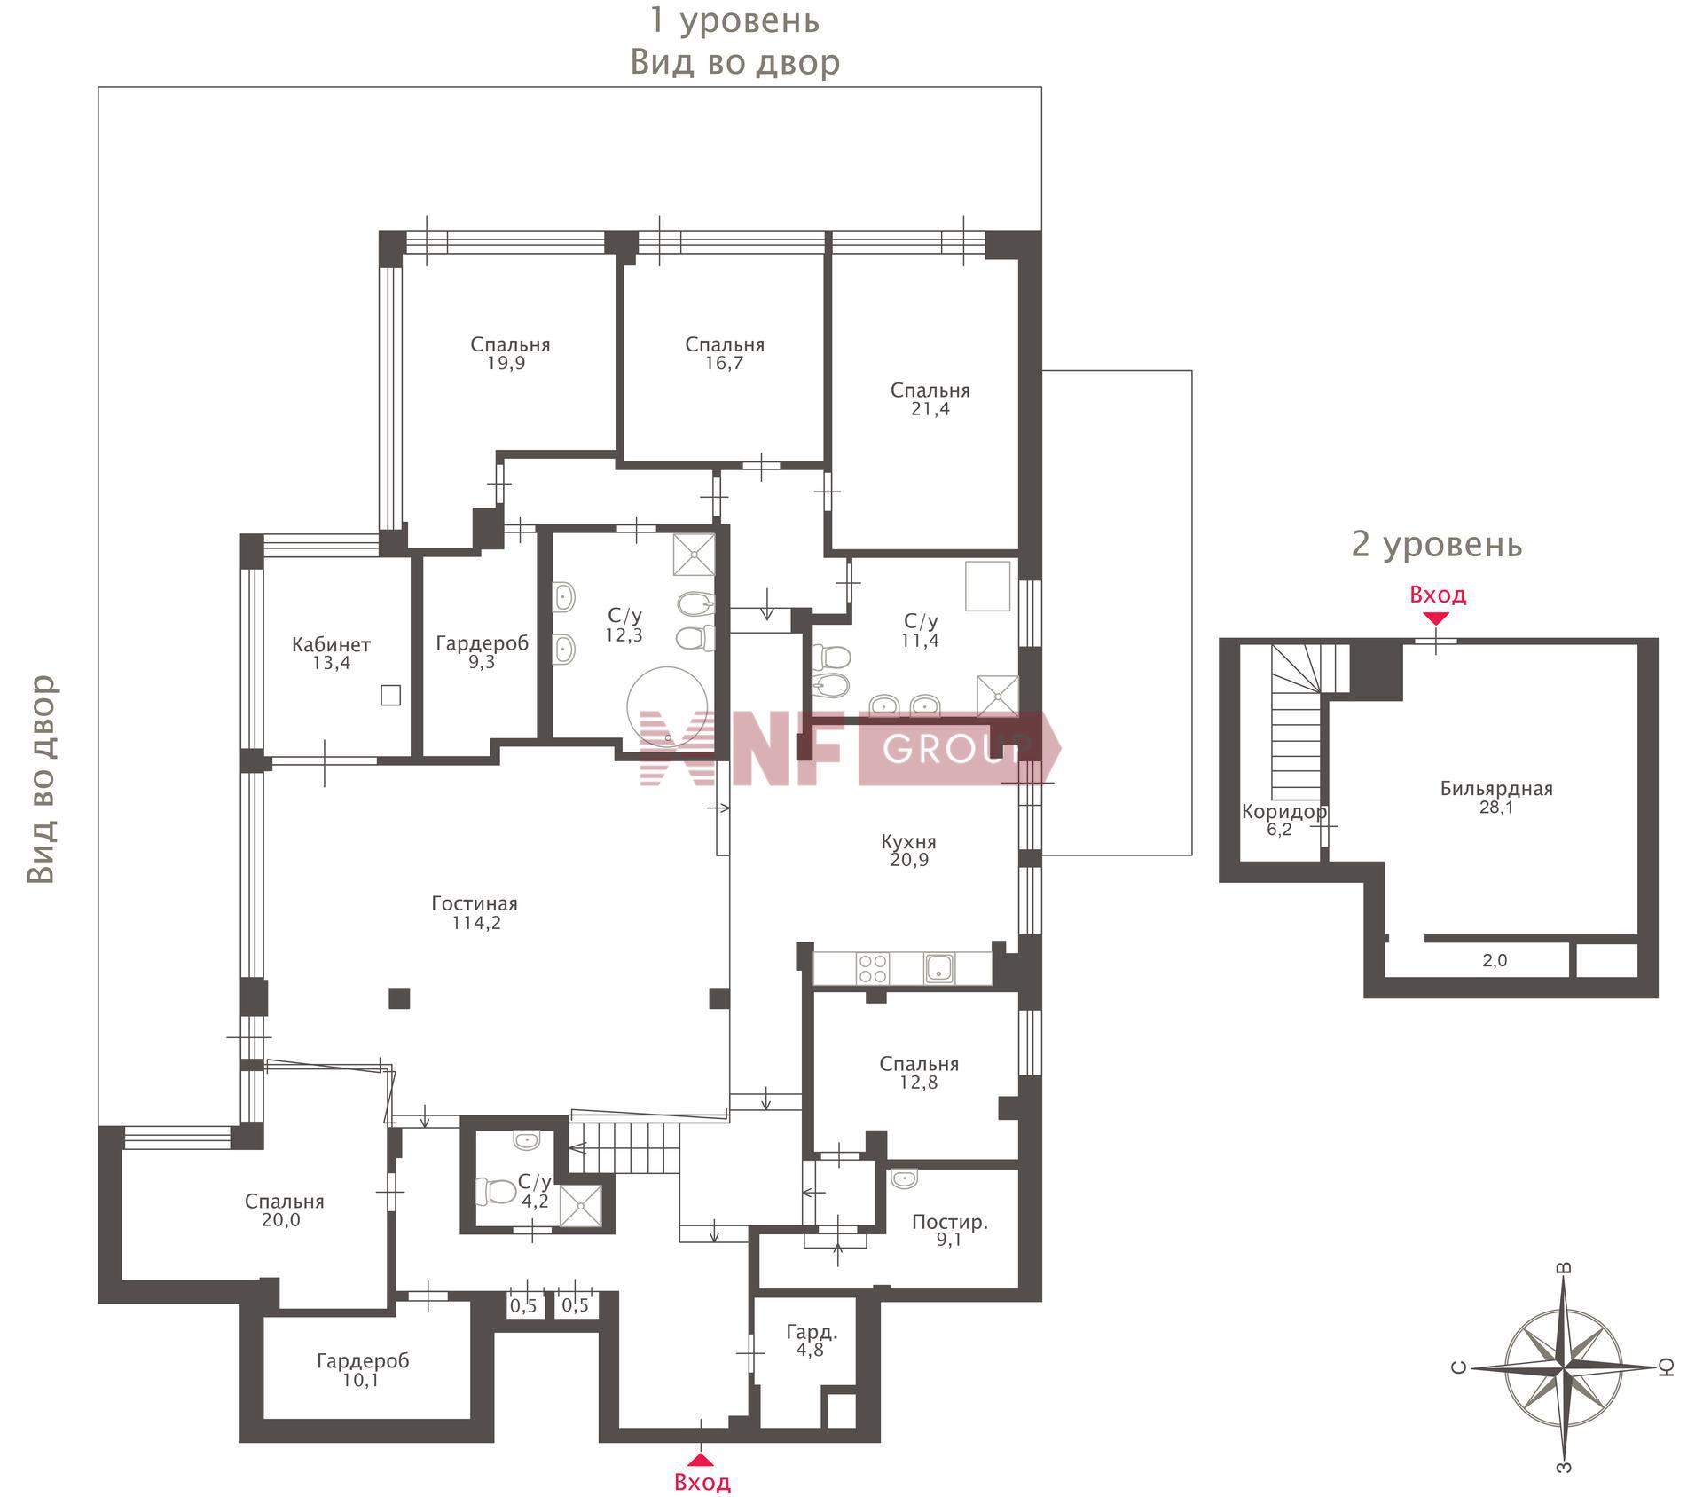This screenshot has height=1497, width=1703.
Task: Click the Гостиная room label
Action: coord(475,903)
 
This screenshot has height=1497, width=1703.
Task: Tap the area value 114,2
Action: coord(475,923)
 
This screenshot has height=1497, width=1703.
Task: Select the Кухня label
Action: coord(908,842)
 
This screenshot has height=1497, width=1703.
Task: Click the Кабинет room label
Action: coord(331,645)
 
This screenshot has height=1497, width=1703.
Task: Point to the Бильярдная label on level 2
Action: coord(1496,789)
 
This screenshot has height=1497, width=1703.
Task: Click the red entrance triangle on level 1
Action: coord(701,1458)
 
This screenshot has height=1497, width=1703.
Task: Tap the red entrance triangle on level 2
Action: coord(1436,618)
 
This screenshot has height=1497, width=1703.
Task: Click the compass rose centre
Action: coord(1564,1367)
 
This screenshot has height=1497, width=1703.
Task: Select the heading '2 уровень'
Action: coord(1436,544)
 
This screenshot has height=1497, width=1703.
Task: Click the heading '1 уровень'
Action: coord(734,20)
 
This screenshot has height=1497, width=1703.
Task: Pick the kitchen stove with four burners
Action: coord(872,968)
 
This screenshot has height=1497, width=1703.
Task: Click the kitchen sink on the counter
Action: coord(939,968)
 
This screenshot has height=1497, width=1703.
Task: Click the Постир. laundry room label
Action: coord(950,1223)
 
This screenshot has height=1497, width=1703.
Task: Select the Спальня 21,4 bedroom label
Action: coord(930,399)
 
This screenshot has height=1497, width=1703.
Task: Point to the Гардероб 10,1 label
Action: coord(362,1370)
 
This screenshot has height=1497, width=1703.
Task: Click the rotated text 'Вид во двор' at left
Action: coord(42,779)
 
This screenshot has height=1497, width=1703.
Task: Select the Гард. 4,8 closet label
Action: coord(812,1341)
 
